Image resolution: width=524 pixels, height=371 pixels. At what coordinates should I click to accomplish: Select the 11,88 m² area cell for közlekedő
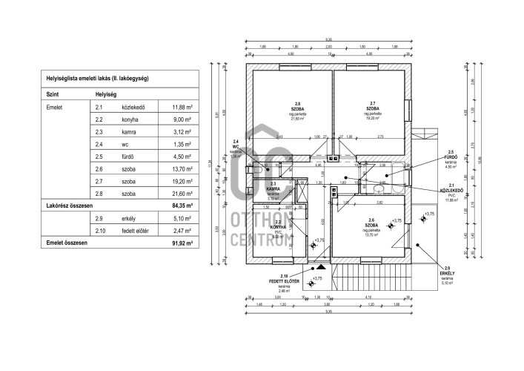[182, 107]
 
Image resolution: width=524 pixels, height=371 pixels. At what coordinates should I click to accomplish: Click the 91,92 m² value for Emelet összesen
[181, 243]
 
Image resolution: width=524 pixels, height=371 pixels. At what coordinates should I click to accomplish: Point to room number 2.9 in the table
[99, 219]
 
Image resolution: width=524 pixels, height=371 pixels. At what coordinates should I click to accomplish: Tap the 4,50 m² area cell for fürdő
[182, 157]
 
